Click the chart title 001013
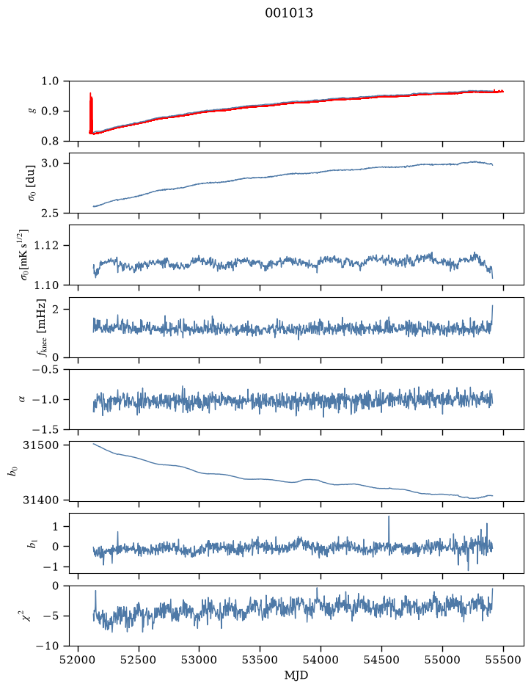(289, 13)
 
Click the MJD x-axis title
(296, 675)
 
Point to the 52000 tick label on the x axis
(78, 660)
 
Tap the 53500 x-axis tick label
(260, 660)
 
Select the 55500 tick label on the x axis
(503, 660)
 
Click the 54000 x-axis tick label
(321, 660)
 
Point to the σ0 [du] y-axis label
(32, 183)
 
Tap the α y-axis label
(23, 399)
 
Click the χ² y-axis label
(28, 615)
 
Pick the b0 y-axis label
(13, 472)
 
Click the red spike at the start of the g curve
(91, 113)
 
